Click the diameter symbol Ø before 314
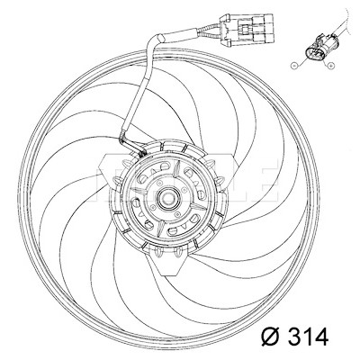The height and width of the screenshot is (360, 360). pos(271,337)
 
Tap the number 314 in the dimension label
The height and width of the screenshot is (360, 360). pos(307,337)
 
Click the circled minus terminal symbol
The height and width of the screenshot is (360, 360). pos(294,65)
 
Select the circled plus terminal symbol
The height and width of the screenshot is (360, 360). pos(330,65)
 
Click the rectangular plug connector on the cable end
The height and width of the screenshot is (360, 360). pos(247,30)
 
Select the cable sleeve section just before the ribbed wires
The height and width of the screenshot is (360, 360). pos(180,35)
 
